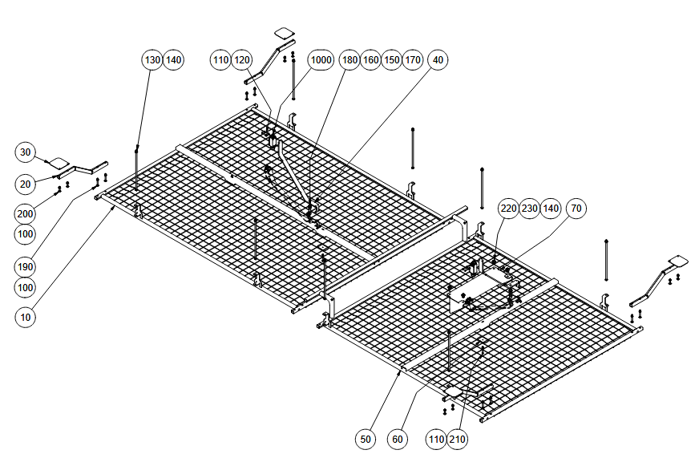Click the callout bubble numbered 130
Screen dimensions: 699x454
tap(152, 60)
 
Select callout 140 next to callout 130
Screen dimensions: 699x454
tap(173, 60)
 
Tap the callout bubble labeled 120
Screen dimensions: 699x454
tap(241, 60)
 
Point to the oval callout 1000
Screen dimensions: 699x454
tap(321, 60)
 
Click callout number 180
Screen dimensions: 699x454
tap(349, 60)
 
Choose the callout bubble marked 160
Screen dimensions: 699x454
tap(370, 60)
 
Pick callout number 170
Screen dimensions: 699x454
tap(412, 60)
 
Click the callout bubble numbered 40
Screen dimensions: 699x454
tap(438, 60)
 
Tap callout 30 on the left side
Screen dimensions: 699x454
tap(26, 152)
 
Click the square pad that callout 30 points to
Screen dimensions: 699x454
tap(59, 163)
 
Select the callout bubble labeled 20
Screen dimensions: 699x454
tap(26, 184)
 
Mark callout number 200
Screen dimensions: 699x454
tap(26, 213)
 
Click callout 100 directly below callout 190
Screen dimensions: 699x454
tap(26, 287)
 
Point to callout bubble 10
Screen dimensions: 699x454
tap(26, 317)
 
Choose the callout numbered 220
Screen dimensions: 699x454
tap(508, 209)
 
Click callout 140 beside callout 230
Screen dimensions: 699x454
tap(551, 209)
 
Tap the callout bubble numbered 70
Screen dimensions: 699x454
tap(576, 209)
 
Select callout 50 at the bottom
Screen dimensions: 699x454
tap(366, 440)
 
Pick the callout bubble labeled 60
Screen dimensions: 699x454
tap(398, 440)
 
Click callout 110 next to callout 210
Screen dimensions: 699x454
tap(436, 440)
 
